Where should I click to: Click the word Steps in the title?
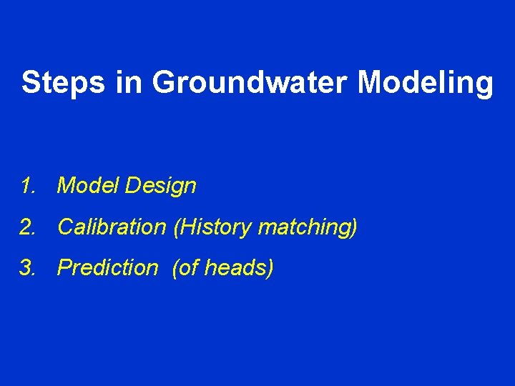tap(62, 82)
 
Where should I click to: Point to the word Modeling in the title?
tap(425, 84)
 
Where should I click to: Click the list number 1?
tap(28, 186)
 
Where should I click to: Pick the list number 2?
tap(28, 227)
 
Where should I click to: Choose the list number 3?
tap(28, 268)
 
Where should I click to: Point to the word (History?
tap(212, 228)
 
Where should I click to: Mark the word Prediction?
tap(107, 268)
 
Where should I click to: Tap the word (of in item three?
tap(185, 269)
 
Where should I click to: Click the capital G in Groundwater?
tap(164, 82)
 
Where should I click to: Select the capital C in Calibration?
tap(65, 227)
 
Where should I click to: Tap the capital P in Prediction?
tap(64, 268)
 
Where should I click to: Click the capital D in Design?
tap(132, 186)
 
